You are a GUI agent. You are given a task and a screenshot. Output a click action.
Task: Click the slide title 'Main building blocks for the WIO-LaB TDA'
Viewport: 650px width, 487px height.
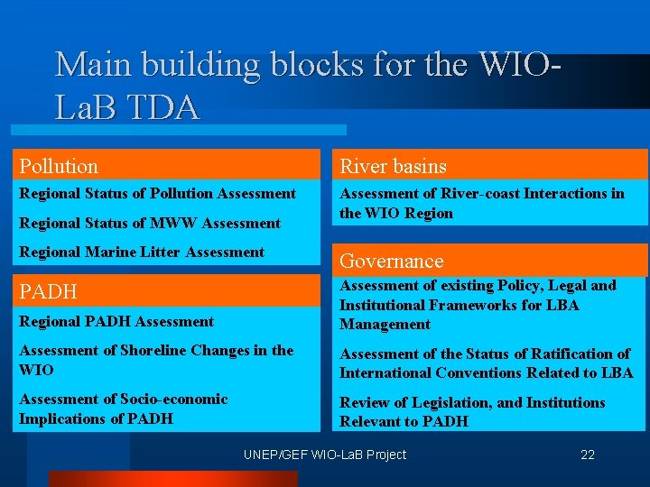pyautogui.click(x=307, y=86)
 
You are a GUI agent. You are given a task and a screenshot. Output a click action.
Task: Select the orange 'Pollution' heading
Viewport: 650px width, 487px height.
pyautogui.click(x=60, y=166)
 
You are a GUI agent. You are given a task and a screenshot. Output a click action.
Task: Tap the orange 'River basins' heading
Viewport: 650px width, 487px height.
pyautogui.click(x=393, y=166)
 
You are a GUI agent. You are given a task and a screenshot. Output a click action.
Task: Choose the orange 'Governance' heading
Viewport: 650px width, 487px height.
pyautogui.click(x=392, y=261)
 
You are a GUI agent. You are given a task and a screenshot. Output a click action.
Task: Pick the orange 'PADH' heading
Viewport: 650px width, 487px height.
pyautogui.click(x=49, y=291)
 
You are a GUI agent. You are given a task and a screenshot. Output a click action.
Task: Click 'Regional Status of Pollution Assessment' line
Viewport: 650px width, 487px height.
pyautogui.click(x=157, y=193)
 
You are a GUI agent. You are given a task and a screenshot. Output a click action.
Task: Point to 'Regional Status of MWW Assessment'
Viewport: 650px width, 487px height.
pyautogui.click(x=150, y=223)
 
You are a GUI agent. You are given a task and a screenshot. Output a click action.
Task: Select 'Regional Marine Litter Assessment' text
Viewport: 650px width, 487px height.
pyautogui.click(x=142, y=252)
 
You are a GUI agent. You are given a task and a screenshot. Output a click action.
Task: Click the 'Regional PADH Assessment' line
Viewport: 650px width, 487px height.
pyautogui.click(x=116, y=321)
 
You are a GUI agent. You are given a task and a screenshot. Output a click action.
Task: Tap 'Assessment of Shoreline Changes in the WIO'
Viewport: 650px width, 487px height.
pyautogui.click(x=156, y=360)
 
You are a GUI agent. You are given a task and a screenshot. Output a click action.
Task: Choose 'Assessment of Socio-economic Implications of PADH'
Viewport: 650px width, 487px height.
pyautogui.click(x=124, y=409)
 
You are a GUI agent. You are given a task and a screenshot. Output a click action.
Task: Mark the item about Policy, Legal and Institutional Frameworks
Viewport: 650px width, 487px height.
pyautogui.click(x=478, y=305)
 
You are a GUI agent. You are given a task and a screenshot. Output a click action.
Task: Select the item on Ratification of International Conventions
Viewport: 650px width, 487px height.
pyautogui.click(x=486, y=363)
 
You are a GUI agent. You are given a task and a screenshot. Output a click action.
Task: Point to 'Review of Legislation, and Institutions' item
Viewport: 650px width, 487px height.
pyautogui.click(x=472, y=411)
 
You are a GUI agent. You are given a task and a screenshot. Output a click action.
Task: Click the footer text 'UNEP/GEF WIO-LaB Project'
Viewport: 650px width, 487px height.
pyautogui.click(x=325, y=455)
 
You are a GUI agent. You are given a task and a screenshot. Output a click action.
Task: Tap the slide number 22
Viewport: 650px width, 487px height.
pyautogui.click(x=588, y=455)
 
